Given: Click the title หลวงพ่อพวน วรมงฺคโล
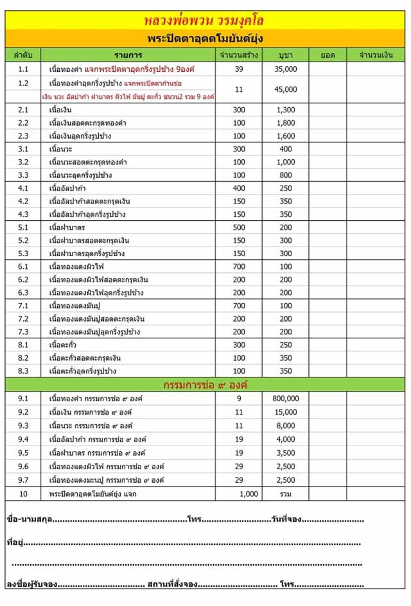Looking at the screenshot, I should [x=205, y=20].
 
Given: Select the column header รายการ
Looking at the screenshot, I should [x=128, y=55].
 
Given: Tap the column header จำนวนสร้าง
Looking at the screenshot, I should [x=239, y=55].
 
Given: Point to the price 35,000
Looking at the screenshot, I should [x=286, y=69].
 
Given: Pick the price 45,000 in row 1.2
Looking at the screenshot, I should [x=286, y=89].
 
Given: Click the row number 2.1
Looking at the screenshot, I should [x=24, y=110].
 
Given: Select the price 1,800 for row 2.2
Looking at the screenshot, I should [x=286, y=123].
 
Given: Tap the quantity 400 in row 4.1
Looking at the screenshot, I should [x=239, y=188].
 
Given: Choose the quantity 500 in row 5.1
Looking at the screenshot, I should [x=239, y=227].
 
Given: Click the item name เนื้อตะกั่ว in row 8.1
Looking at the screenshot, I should [x=64, y=345].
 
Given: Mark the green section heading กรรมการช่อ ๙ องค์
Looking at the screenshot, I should [x=205, y=385].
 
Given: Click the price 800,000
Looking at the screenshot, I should [x=286, y=399].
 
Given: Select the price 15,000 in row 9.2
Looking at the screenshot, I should [x=286, y=412].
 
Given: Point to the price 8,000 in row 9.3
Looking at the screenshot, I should [x=286, y=425].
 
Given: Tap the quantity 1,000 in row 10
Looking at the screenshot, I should [x=249, y=494].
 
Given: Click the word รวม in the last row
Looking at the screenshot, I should [x=286, y=494].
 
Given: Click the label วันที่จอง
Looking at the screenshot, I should [x=286, y=519].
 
